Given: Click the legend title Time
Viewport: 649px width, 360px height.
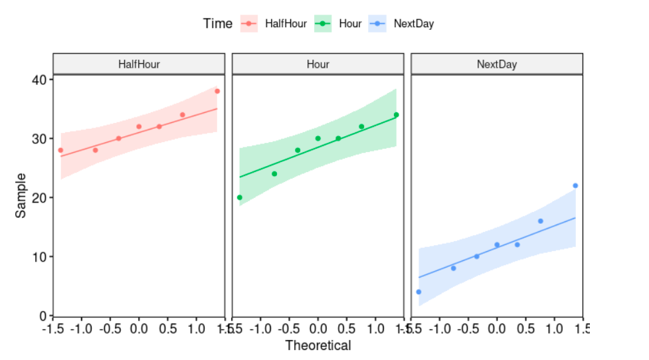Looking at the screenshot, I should point(218,24).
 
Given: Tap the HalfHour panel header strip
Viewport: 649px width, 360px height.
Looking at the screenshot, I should point(139,64).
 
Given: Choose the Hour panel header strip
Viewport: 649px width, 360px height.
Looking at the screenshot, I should point(318,64).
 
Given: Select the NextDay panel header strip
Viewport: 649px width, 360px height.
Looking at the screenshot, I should point(497,64).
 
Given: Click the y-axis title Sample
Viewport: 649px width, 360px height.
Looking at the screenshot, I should point(21,195).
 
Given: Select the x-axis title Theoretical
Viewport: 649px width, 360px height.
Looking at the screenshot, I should point(318,345).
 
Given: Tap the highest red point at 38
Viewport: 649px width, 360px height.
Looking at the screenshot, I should point(217,91).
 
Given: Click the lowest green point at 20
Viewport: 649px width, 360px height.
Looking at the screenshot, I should point(240,197).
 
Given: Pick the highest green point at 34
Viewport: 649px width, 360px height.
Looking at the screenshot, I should point(396,115).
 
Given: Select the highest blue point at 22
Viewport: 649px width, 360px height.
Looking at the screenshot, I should point(575,185).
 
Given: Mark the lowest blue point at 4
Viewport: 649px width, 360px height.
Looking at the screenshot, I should point(418,292).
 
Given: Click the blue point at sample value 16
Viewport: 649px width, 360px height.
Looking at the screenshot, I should point(541,221).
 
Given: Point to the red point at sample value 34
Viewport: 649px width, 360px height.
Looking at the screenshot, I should point(183,115).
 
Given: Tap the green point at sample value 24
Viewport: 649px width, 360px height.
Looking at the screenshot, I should point(274,174).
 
